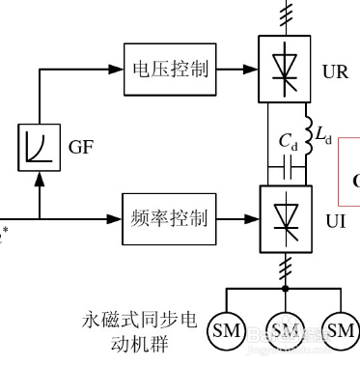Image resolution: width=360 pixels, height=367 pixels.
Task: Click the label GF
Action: pos(80,149)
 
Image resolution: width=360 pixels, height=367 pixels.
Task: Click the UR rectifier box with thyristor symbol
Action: pos(284,68)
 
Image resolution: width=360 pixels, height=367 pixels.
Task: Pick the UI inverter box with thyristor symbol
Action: pos(284,217)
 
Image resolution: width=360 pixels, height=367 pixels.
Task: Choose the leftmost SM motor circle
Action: pos(227,331)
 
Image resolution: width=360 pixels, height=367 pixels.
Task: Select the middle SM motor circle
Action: pos(284,331)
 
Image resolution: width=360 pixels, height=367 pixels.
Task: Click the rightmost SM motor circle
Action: pos(340,331)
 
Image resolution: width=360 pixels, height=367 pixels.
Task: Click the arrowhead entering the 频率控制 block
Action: pos(116,217)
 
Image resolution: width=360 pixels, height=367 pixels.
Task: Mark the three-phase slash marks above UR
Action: pos(284,14)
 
